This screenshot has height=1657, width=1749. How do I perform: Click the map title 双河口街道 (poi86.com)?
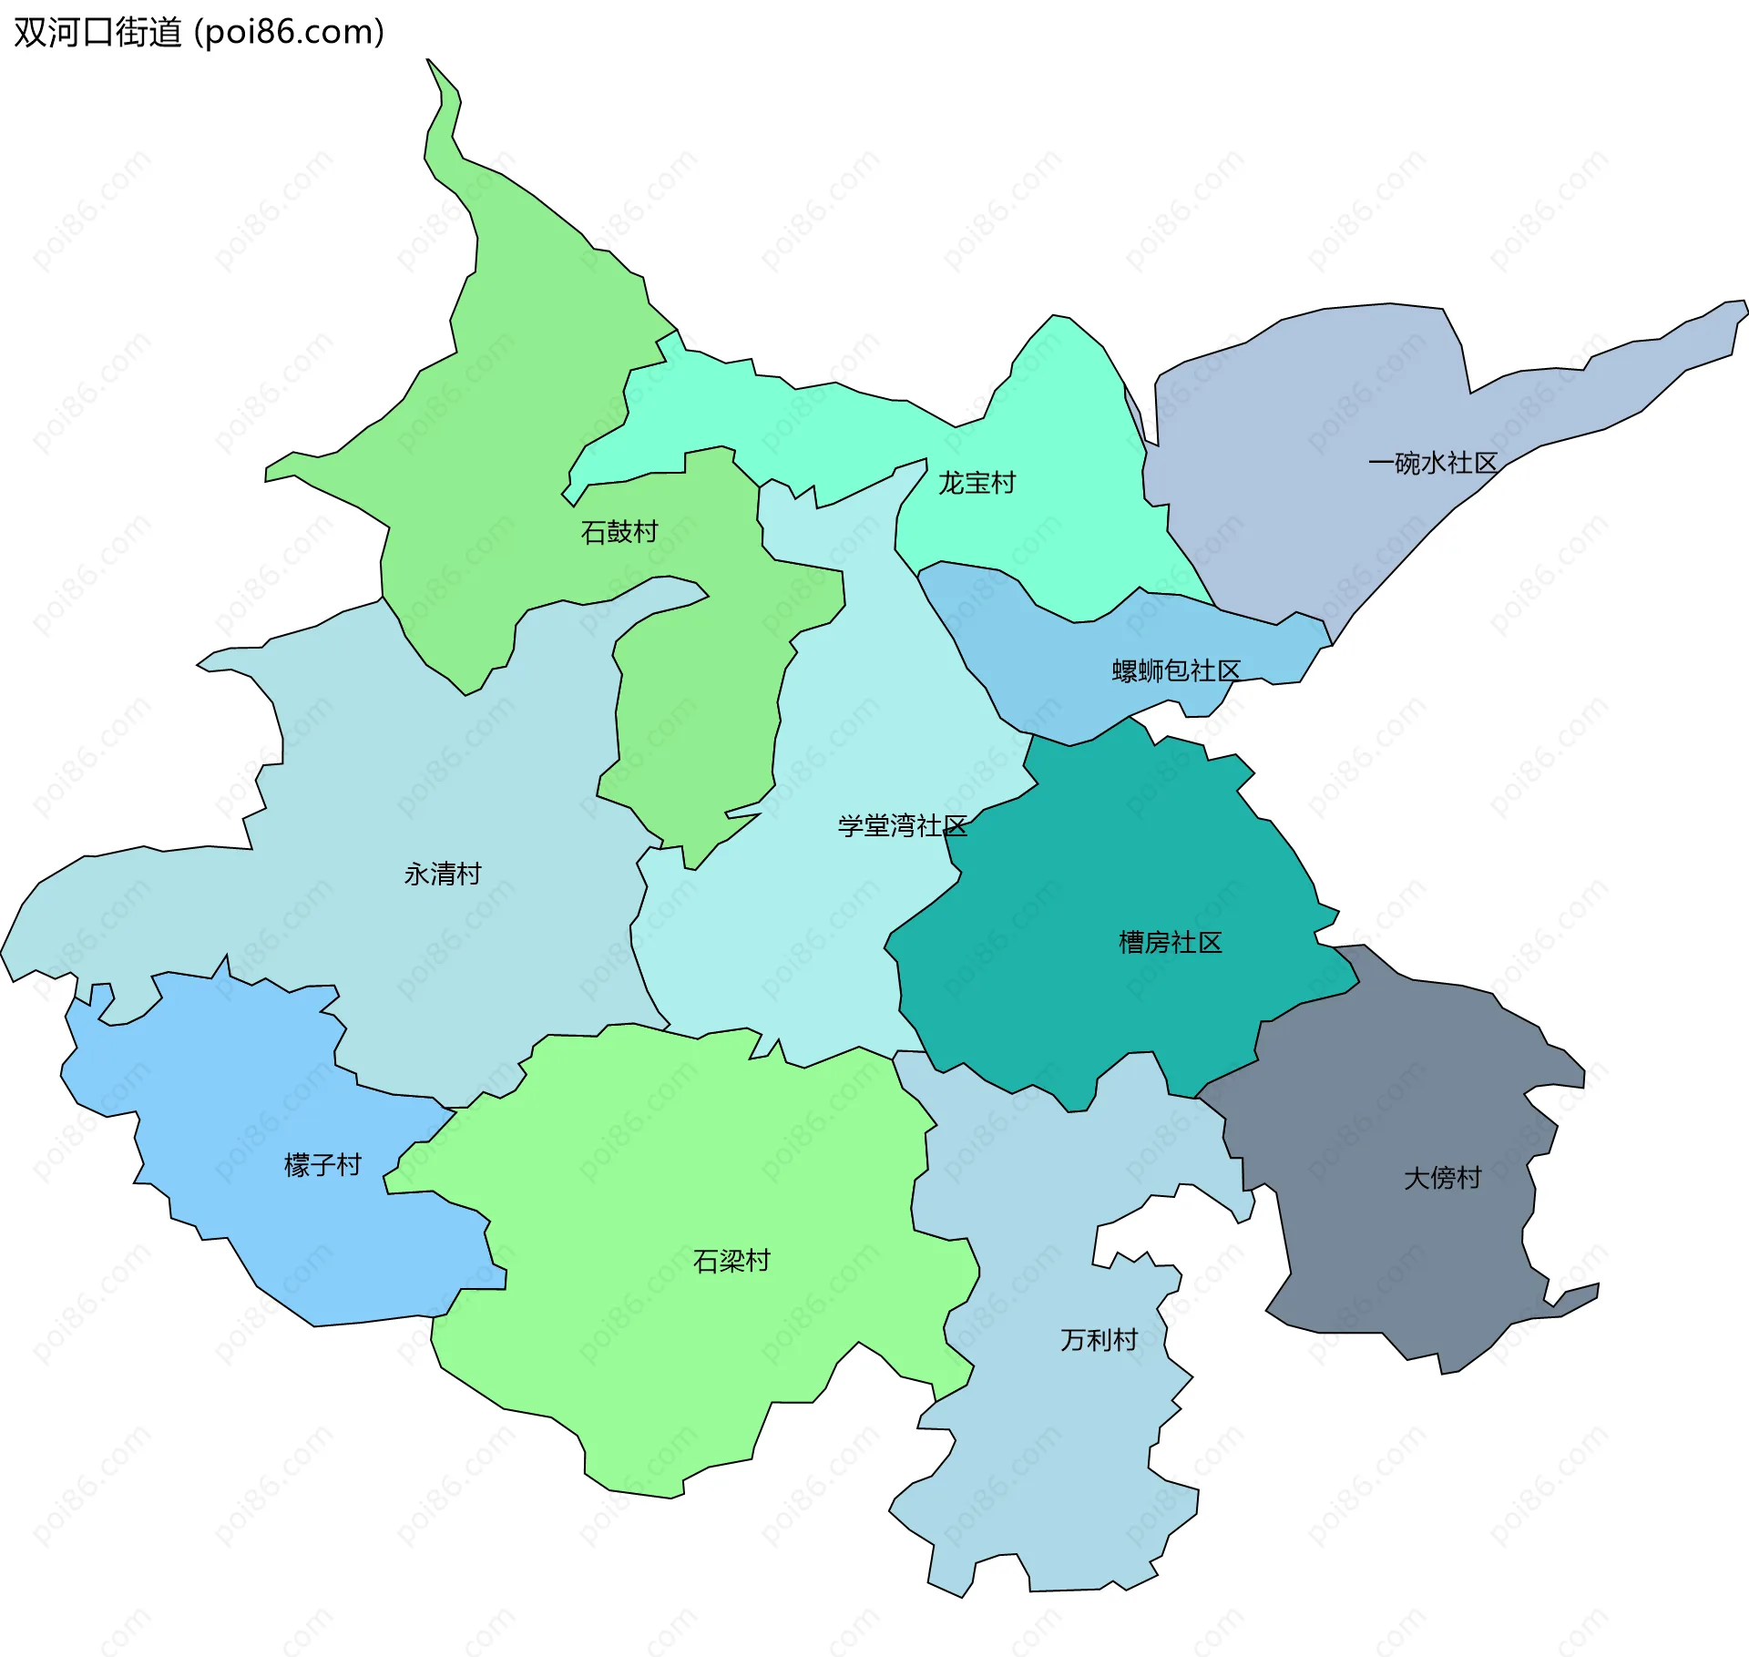point(199,32)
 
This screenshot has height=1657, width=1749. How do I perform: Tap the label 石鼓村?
point(619,531)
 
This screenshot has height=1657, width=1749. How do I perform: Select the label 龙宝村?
point(977,483)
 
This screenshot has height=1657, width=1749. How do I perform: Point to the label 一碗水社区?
point(1433,463)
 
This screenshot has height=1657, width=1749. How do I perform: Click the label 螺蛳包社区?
point(1176,670)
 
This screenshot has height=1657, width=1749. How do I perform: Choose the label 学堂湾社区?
point(902,825)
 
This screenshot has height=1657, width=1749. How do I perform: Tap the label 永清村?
point(443,874)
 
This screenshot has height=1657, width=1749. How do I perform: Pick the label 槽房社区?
point(1170,942)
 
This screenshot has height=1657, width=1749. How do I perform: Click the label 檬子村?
point(322,1164)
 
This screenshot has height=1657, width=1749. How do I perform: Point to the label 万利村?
point(1099,1339)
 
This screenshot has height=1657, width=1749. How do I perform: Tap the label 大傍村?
point(1442,1178)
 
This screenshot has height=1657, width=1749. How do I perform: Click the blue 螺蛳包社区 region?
point(1048,638)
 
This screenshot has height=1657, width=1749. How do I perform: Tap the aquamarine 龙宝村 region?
point(1057,419)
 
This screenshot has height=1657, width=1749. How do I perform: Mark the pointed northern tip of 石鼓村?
point(429,62)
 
